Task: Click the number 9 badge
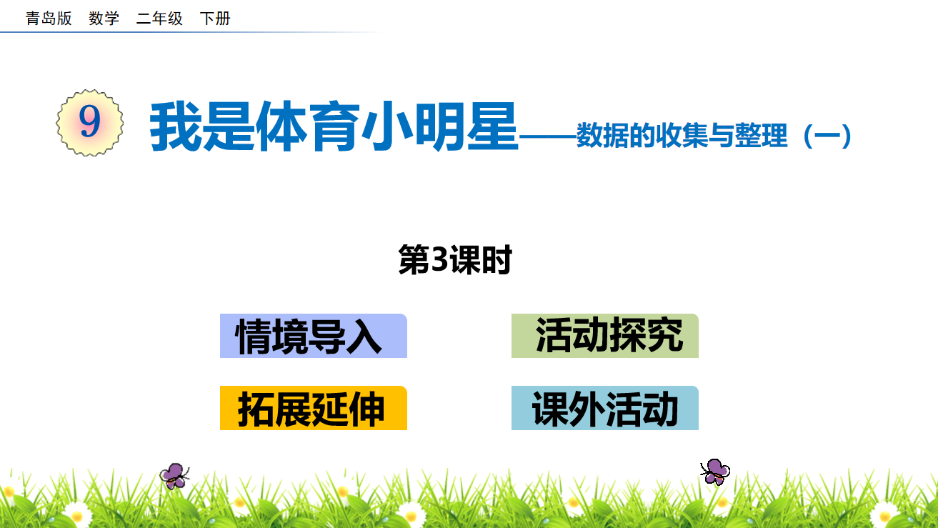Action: point(89,122)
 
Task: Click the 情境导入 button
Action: point(313,336)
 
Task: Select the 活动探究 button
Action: point(604,336)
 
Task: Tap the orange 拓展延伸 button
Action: point(313,408)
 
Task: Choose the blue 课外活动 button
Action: point(604,408)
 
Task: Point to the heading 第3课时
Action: point(455,260)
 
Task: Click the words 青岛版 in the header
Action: point(49,19)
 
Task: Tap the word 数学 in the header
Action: point(104,19)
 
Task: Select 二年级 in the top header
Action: point(159,19)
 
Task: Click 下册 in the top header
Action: point(215,19)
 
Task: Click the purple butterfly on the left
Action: point(174,476)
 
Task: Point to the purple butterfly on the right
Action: point(715,472)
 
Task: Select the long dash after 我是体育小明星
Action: point(548,136)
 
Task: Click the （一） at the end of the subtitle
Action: point(827,136)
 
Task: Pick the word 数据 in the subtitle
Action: point(602,136)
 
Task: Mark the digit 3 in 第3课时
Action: point(439,259)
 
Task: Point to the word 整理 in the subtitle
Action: point(761,136)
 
